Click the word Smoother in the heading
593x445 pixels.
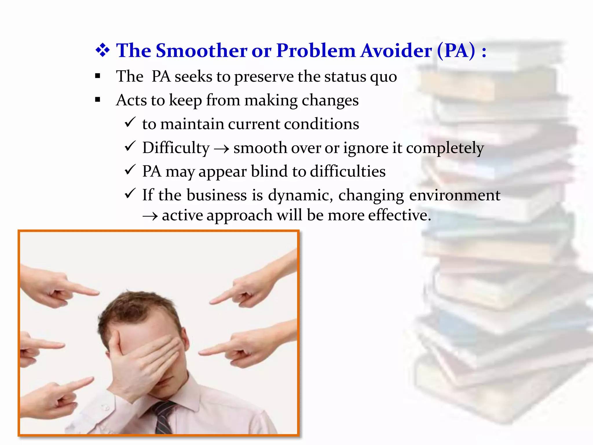pos(202,51)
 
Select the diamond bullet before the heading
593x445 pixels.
pos(103,51)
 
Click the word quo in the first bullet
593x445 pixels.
pos(385,77)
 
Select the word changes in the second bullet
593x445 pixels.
pos(330,101)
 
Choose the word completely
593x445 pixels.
pos(445,148)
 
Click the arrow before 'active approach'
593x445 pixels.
pos(150,216)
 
